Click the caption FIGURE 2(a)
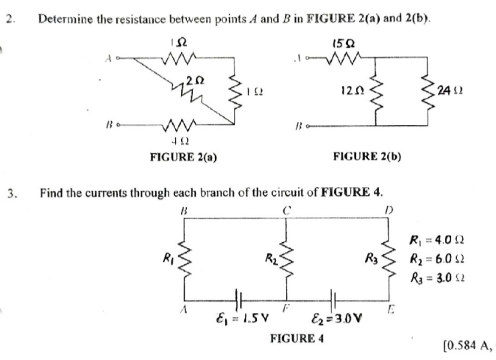[183, 156]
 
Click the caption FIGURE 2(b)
[367, 156]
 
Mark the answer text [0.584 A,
[467, 345]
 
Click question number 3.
[10, 194]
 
